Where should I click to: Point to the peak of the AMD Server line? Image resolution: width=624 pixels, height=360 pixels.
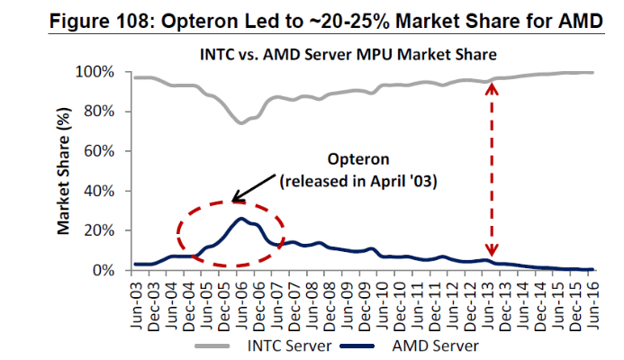[240, 219]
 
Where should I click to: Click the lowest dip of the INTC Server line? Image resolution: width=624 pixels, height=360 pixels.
[240, 122]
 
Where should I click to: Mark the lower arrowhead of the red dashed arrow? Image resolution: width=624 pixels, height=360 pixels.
[491, 255]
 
